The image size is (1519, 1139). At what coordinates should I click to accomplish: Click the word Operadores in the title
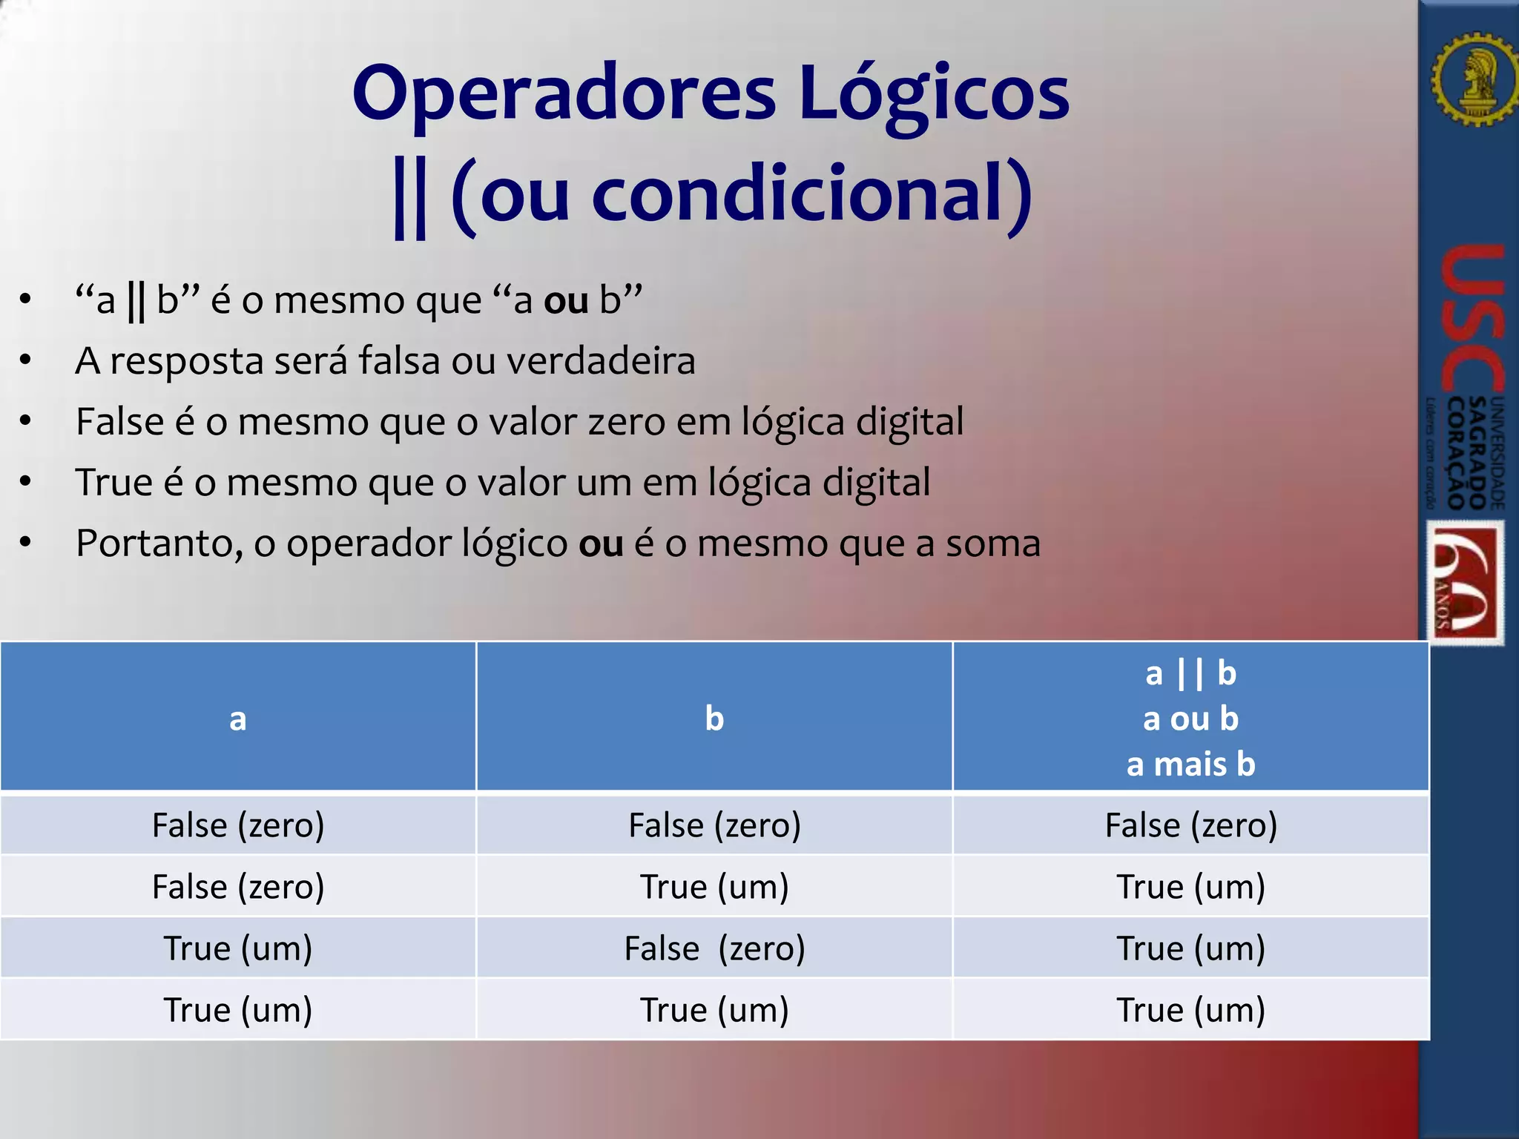tap(564, 95)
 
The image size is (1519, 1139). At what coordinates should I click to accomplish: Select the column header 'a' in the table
tap(237, 719)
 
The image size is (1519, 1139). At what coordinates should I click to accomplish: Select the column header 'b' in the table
tap(714, 719)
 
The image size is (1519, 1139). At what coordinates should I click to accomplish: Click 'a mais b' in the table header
tap(1190, 765)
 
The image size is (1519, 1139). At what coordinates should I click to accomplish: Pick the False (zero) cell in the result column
tap(1190, 825)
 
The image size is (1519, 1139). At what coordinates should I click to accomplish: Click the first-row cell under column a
tap(237, 825)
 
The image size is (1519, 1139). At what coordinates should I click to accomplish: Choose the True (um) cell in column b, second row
tap(714, 887)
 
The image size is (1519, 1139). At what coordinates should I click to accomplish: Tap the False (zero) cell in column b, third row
tap(714, 948)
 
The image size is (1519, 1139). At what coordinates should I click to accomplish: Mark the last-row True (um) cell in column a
tap(237, 1010)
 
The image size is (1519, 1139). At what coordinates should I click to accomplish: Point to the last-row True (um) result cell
tap(1190, 1010)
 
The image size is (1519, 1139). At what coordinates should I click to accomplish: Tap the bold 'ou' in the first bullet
tap(566, 300)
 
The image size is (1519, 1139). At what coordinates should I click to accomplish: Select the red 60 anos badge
tap(1466, 582)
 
